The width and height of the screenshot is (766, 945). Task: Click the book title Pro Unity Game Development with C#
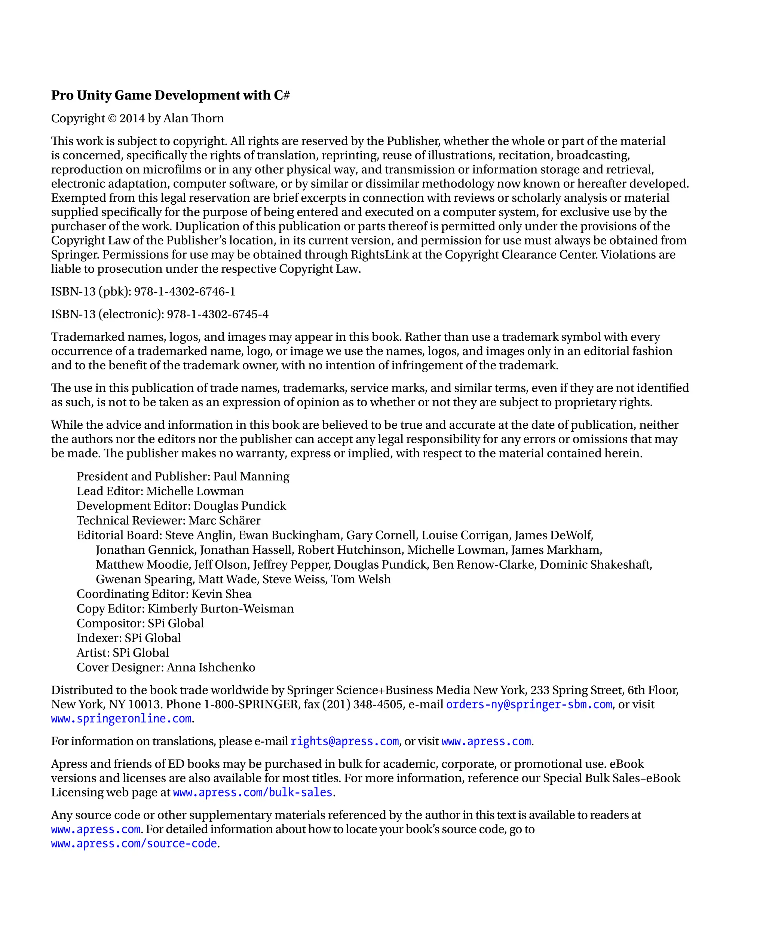tap(170, 95)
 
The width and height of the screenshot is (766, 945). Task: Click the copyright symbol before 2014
tap(112, 119)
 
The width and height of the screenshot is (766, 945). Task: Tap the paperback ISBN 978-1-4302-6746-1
tap(184, 291)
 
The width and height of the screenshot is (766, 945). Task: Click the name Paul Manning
tap(251, 476)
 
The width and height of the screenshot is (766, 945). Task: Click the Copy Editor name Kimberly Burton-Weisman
tap(220, 609)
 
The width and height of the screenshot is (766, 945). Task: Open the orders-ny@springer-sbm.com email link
tap(528, 704)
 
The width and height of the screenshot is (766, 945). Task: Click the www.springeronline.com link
tap(121, 719)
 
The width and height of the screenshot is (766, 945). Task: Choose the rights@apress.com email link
tap(344, 741)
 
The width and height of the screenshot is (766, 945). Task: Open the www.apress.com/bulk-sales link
tap(252, 792)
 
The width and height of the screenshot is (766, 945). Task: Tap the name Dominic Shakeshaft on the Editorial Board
tap(596, 565)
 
